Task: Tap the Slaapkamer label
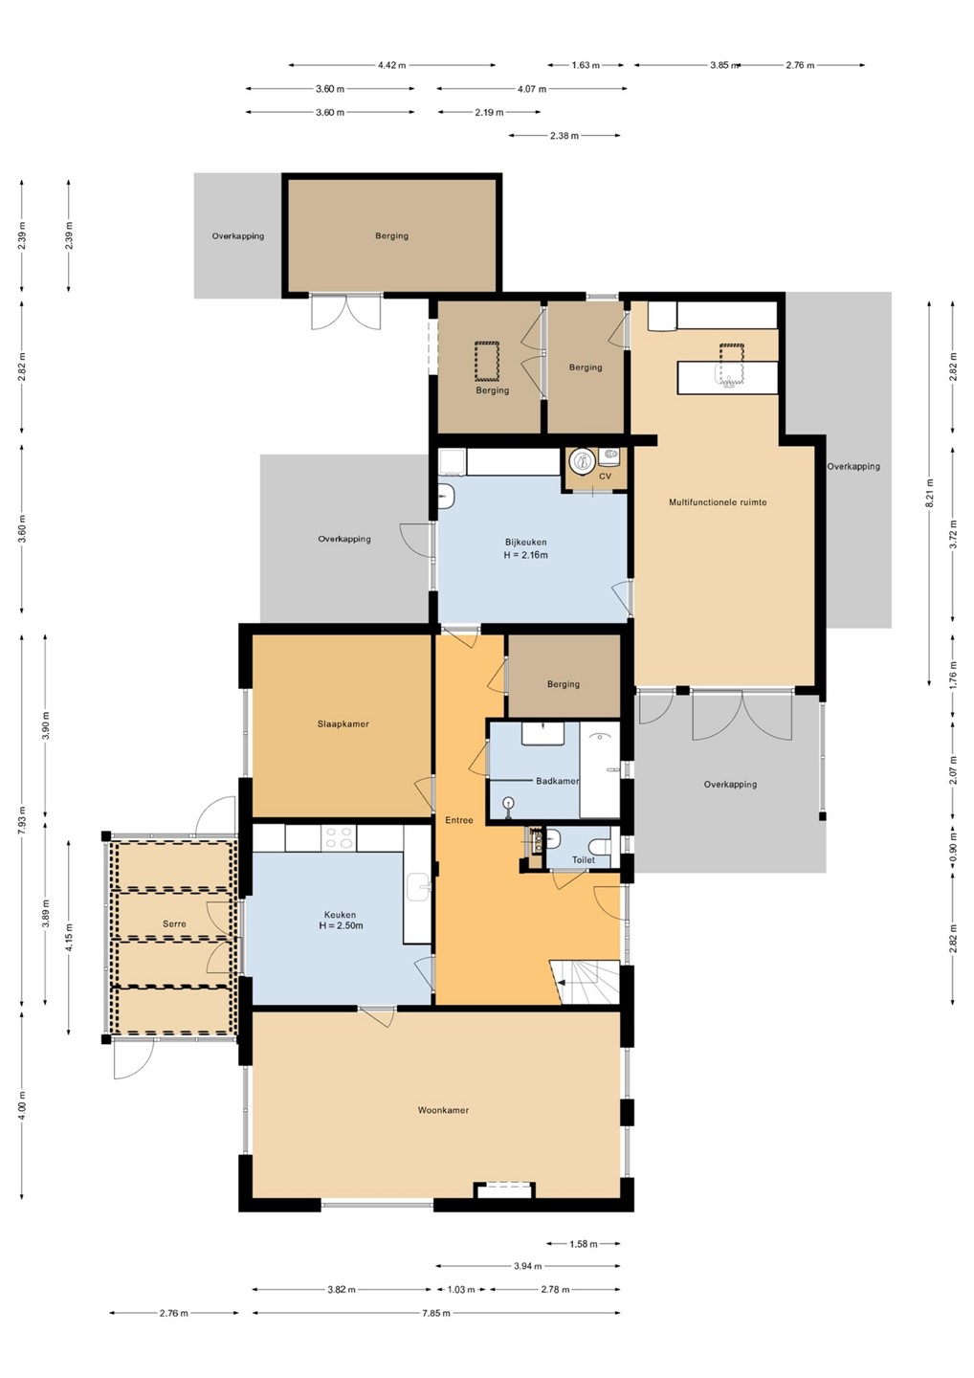click(x=343, y=724)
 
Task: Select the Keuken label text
click(x=340, y=915)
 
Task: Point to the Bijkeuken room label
click(x=525, y=543)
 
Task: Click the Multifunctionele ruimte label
click(x=718, y=502)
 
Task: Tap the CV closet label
click(x=605, y=477)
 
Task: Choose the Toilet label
click(x=584, y=860)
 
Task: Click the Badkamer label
click(x=557, y=781)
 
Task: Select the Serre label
click(x=174, y=924)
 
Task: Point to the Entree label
click(x=459, y=820)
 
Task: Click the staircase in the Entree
click(x=585, y=982)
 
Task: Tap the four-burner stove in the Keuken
click(x=339, y=838)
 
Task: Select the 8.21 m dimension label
click(x=930, y=494)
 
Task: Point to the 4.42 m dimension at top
click(x=391, y=65)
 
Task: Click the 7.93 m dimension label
click(x=22, y=820)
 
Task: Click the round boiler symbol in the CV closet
click(x=581, y=459)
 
